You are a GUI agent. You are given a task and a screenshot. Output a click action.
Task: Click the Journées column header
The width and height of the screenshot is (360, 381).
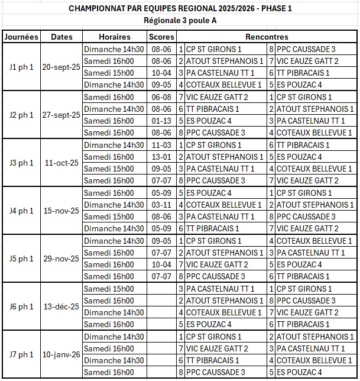click(22, 37)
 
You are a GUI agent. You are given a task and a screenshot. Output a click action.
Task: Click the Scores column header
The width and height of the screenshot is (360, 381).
click(161, 37)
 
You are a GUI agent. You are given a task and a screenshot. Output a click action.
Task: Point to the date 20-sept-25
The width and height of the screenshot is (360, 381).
click(61, 67)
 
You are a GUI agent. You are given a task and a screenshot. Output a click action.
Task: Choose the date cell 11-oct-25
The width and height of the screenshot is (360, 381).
click(61, 163)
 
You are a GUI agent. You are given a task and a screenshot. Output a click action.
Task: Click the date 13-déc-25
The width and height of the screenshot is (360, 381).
click(61, 306)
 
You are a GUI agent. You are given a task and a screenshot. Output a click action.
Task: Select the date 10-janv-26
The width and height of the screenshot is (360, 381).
click(61, 354)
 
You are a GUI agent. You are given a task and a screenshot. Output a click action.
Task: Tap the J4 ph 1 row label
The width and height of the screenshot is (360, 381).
click(22, 211)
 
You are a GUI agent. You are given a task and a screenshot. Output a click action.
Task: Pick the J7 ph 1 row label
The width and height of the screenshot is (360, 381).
click(22, 354)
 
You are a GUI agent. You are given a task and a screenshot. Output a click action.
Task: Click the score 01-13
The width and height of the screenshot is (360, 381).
click(161, 121)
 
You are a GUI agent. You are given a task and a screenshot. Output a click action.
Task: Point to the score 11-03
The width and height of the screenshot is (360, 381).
click(161, 145)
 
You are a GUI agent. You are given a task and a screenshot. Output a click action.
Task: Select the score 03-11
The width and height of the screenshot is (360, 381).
click(161, 205)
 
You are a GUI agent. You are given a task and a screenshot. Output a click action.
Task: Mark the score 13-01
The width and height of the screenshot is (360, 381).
click(161, 157)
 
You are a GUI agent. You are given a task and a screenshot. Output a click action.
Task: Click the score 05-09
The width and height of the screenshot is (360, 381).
click(161, 228)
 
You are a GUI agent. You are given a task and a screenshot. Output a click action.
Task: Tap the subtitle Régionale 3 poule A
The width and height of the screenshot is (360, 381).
click(180, 20)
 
